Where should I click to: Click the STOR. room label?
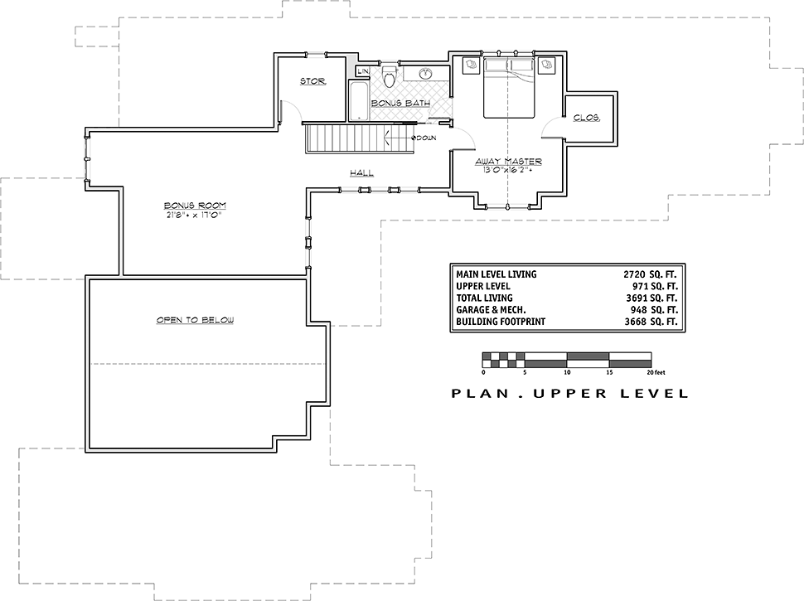[312, 81]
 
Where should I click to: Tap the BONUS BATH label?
[400, 103]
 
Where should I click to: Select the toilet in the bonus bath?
[390, 76]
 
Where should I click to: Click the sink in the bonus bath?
[425, 74]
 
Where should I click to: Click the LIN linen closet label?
[363, 71]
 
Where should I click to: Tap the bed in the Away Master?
[509, 87]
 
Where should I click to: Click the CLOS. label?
[587, 118]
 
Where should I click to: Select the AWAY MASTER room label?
[508, 162]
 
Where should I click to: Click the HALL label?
[361, 172]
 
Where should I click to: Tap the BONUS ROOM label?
[195, 206]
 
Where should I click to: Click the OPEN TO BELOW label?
[195, 320]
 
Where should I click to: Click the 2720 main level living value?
[634, 274]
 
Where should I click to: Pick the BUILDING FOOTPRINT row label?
[501, 322]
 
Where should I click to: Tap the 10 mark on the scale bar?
[567, 372]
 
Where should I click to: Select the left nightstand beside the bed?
[471, 65]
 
